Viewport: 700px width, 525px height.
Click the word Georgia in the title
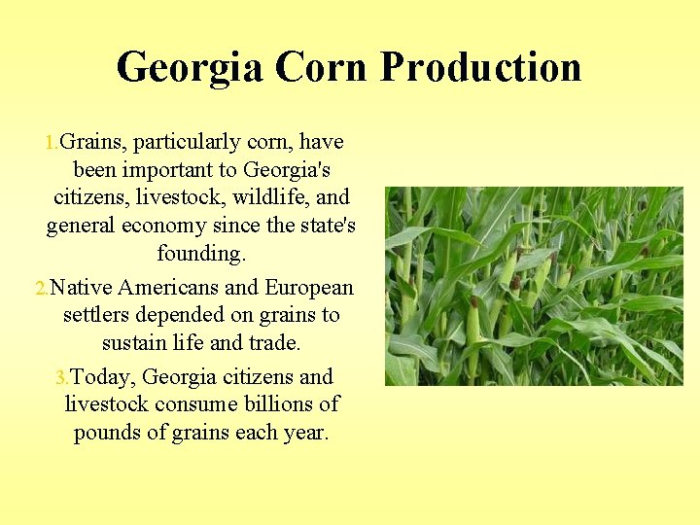(189, 68)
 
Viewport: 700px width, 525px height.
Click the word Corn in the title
(320, 68)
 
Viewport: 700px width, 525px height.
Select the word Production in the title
(480, 68)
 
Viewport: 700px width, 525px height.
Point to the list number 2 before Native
(40, 289)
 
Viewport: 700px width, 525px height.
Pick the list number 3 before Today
(61, 378)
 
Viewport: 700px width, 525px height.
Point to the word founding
(201, 255)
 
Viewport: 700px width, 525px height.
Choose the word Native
(82, 288)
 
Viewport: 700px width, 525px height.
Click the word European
(309, 288)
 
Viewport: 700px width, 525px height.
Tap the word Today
(102, 377)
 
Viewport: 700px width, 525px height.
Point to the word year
(304, 434)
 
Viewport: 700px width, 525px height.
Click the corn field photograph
(534, 287)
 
